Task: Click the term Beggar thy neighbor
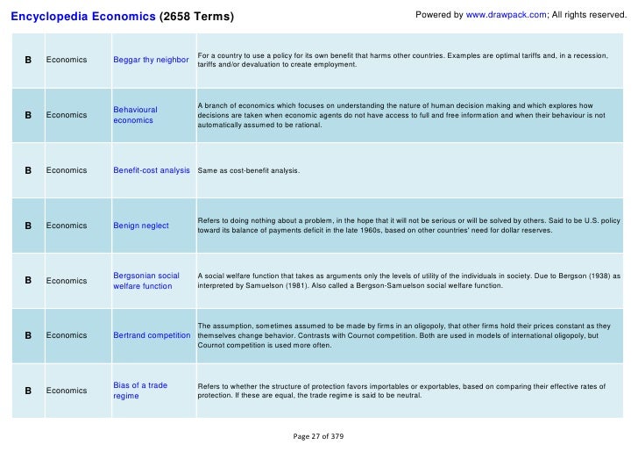151,60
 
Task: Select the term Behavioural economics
136,115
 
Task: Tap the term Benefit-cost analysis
152,170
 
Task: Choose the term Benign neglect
141,226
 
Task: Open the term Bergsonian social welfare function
146,281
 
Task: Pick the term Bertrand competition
152,336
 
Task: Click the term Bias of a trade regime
140,391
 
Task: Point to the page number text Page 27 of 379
319,436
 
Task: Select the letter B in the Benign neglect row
28,226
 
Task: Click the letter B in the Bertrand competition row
28,336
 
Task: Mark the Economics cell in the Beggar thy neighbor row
67,60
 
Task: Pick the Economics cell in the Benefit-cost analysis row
67,170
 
